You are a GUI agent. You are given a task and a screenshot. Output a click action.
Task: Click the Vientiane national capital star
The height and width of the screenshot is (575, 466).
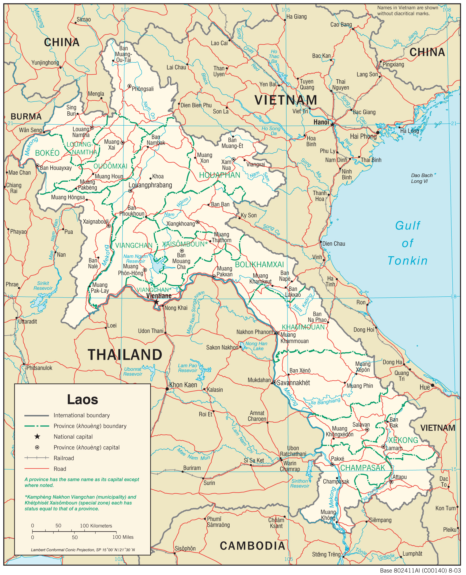point(156,302)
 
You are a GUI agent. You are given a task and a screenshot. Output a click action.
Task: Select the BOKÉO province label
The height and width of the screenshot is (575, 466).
point(47,153)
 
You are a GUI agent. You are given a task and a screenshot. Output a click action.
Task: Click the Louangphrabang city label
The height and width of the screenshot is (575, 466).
point(150,185)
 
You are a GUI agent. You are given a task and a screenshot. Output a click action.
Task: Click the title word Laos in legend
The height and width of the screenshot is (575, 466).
point(82,400)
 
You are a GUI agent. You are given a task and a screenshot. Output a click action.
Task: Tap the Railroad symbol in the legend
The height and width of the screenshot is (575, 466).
point(37,458)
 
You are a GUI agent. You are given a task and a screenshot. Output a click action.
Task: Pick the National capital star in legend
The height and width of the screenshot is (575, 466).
point(37,437)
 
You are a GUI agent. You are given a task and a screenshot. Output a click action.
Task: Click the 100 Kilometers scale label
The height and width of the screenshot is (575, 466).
point(96,526)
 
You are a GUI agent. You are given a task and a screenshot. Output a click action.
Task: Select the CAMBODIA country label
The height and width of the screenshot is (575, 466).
point(252,546)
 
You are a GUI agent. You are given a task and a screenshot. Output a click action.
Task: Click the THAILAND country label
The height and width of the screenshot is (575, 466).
point(125,355)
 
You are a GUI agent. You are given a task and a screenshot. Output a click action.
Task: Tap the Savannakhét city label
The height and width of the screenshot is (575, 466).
point(293,383)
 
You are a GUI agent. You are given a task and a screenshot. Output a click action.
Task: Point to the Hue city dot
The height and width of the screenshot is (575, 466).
point(432,385)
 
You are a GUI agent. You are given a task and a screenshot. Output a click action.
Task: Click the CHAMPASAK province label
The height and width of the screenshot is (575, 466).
point(363,468)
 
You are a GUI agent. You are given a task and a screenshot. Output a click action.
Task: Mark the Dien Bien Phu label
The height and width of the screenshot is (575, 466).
point(196,105)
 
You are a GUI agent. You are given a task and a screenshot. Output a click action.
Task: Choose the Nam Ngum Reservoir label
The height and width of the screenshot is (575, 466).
point(136,259)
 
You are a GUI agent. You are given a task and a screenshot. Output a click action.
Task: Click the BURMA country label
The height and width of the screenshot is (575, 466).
point(26,116)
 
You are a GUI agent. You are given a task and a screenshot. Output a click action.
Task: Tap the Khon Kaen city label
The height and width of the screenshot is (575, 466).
point(183,385)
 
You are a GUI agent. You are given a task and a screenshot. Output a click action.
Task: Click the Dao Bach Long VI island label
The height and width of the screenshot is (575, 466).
point(422,178)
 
